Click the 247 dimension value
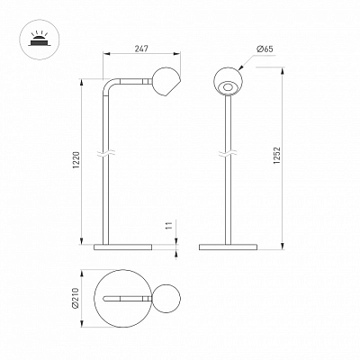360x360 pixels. point(141,49)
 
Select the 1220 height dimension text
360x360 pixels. point(76,160)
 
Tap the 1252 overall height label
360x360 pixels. point(276,155)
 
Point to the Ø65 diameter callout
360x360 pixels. point(265,49)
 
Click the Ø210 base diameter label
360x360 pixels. point(75,298)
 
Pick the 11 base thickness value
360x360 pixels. point(169,226)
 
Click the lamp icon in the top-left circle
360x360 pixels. point(40,40)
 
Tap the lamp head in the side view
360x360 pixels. point(166,82)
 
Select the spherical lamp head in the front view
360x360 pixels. point(228,81)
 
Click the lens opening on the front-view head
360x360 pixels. point(228,87)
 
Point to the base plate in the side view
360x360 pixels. point(123,247)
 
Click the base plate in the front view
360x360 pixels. point(228,247)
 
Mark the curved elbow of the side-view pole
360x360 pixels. point(109,85)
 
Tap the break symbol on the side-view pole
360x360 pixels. point(105,155)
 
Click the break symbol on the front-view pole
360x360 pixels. point(228,155)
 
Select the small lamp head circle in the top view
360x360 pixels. point(166,298)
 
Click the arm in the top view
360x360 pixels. point(127,298)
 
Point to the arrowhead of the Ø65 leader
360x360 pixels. point(240,68)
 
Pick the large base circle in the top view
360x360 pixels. point(94,298)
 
